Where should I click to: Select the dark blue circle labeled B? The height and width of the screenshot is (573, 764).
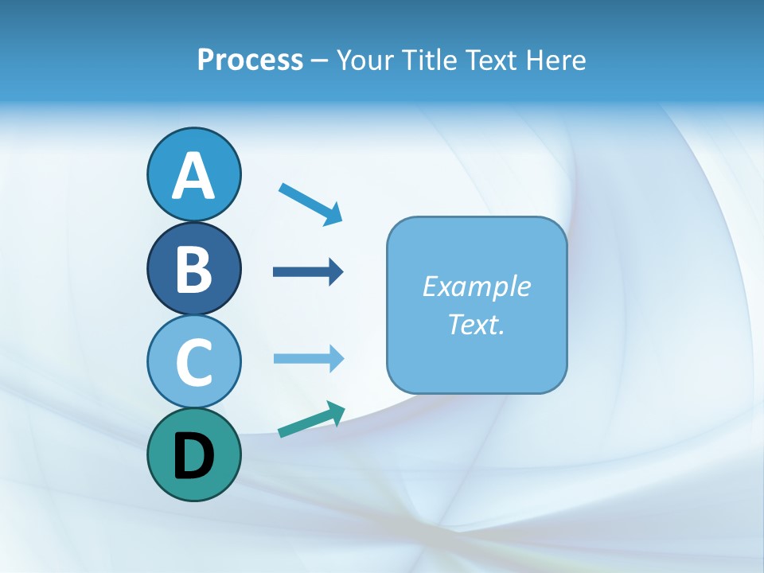[x=193, y=268]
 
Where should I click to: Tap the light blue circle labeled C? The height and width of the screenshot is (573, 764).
[x=193, y=362]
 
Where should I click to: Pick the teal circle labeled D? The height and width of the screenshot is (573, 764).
[x=193, y=455]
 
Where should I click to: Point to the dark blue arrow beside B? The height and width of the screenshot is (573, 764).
[x=308, y=272]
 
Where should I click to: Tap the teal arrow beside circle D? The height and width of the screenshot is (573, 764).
[x=311, y=420]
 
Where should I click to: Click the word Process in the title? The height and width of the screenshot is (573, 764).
[x=250, y=60]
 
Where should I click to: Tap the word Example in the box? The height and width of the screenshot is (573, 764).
[x=476, y=286]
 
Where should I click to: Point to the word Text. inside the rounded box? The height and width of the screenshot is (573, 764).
[x=476, y=325]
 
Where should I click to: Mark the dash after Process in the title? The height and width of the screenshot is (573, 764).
[x=319, y=60]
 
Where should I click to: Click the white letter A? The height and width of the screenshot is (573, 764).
[x=193, y=176]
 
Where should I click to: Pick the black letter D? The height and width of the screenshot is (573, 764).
[x=193, y=456]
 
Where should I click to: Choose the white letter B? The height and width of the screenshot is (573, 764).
[x=193, y=269]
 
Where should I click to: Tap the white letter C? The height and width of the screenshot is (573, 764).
[x=193, y=363]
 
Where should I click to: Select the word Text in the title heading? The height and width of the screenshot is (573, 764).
[x=489, y=60]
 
